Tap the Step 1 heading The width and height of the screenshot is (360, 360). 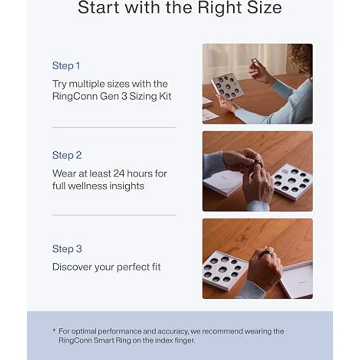(66, 66)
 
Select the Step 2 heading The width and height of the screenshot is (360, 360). (67, 155)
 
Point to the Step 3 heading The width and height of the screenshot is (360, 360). (67, 249)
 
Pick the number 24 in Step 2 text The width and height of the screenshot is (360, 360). (119, 174)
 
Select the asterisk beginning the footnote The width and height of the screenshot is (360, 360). (54, 330)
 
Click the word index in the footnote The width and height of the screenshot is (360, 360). (164, 340)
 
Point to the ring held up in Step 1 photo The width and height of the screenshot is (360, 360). (254, 61)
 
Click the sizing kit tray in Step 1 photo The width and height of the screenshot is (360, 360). (227, 87)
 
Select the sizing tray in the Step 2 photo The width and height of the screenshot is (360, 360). (292, 181)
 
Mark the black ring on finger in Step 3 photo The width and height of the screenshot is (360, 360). (268, 254)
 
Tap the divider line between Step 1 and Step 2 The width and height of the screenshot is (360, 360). (114, 128)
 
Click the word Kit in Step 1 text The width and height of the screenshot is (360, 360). (165, 96)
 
